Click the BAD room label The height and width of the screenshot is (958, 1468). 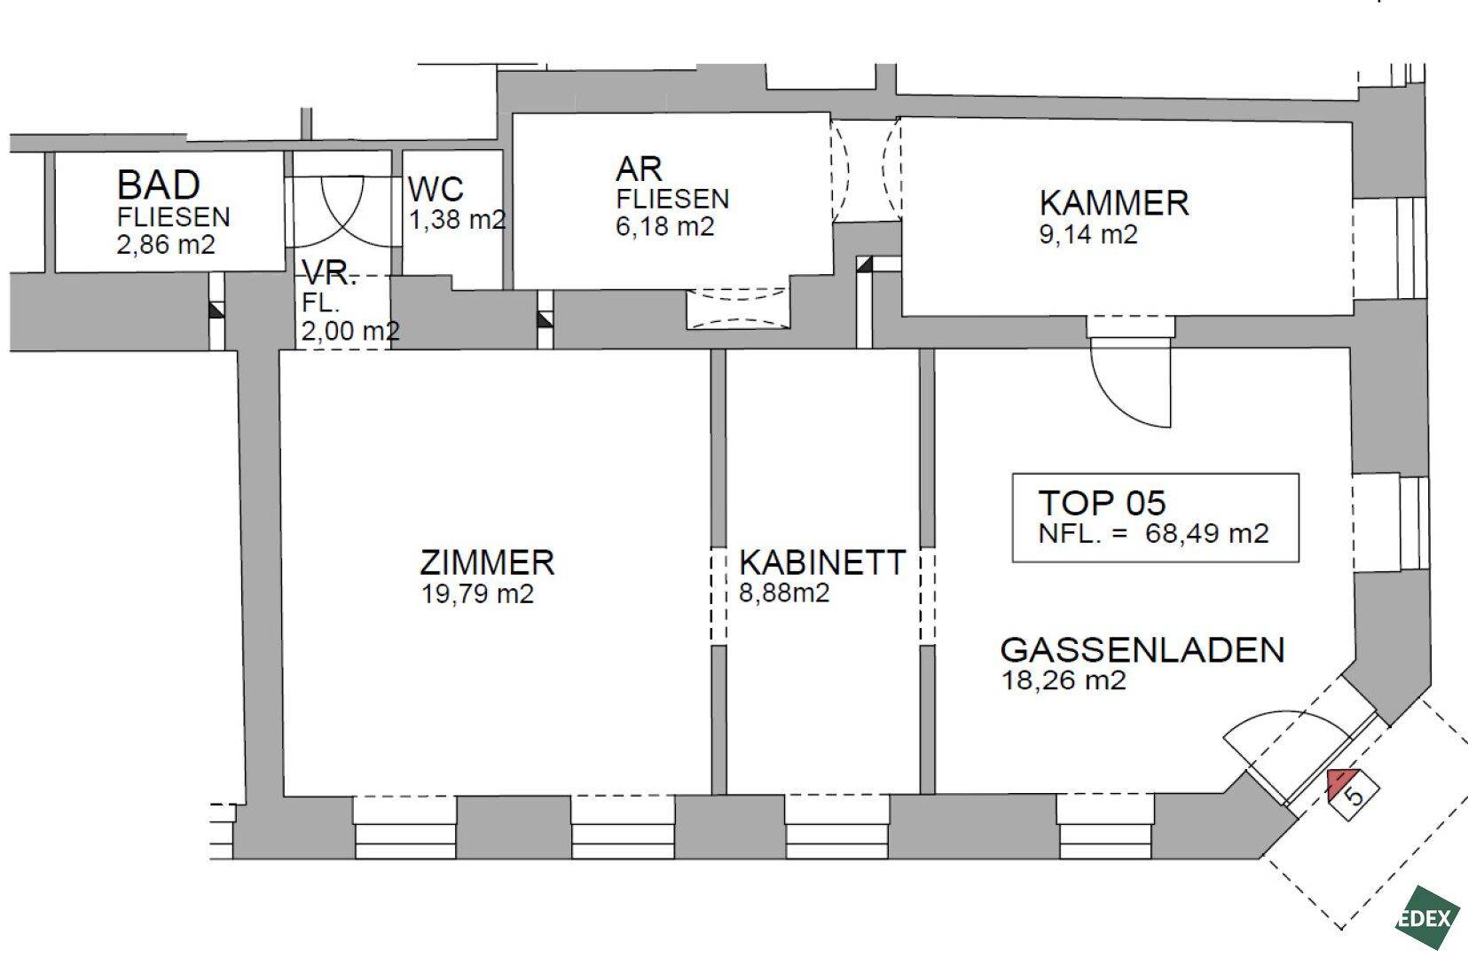click(x=159, y=185)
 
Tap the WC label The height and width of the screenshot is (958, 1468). click(x=436, y=189)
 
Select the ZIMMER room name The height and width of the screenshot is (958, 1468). click(x=487, y=562)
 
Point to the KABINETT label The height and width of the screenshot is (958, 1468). click(x=822, y=562)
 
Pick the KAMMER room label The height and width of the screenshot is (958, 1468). click(x=1114, y=202)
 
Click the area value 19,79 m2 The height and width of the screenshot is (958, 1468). click(x=477, y=593)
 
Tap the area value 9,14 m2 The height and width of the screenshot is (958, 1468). click(x=1088, y=234)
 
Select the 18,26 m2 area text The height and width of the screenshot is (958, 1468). click(x=1064, y=680)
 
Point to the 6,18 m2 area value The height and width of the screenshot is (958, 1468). click(x=664, y=226)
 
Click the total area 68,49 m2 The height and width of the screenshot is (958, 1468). click(x=1206, y=533)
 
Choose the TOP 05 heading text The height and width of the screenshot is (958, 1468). click(x=1103, y=503)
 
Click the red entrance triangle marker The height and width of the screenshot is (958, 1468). click(x=1344, y=781)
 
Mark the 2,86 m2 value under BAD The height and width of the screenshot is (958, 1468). click(x=166, y=245)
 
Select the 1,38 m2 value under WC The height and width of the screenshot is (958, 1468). click(x=458, y=219)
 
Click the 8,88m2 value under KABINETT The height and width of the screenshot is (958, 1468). click(x=784, y=593)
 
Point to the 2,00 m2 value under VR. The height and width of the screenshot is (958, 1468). click(x=350, y=330)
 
